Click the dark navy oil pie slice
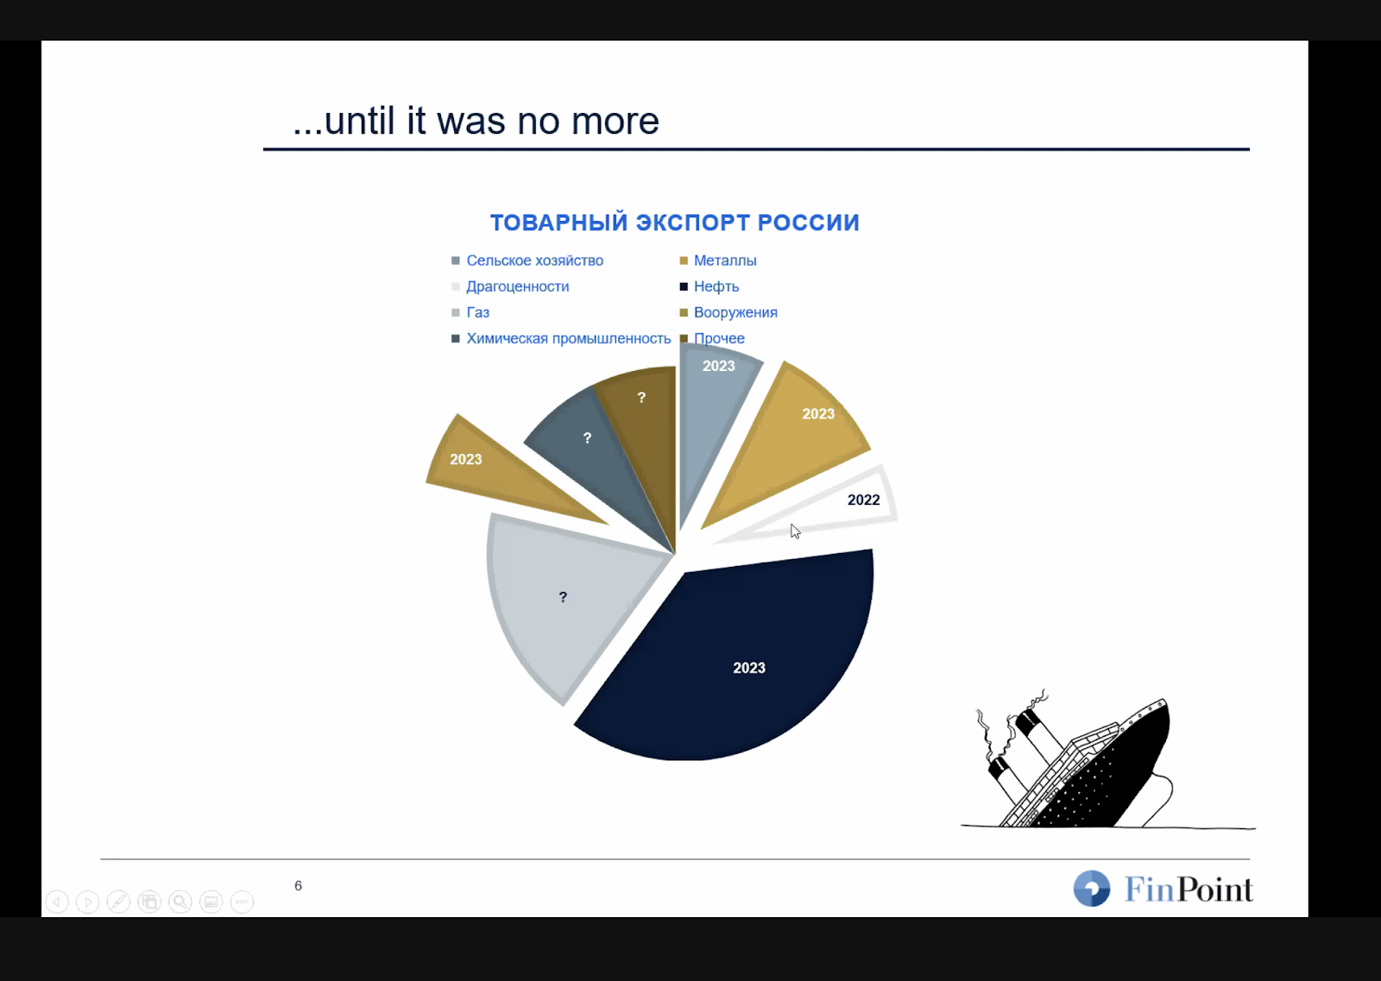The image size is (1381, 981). click(740, 659)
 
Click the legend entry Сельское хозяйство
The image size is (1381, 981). click(534, 261)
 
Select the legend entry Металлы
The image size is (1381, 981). click(725, 261)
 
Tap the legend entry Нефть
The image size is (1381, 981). click(716, 286)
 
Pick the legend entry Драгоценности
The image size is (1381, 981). click(517, 286)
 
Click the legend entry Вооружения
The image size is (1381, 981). click(735, 312)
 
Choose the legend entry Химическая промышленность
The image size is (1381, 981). click(569, 338)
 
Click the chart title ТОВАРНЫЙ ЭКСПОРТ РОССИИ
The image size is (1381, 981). click(674, 223)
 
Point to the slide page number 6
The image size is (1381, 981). click(299, 885)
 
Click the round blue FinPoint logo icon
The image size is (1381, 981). click(1091, 888)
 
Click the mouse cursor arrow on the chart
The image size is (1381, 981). click(795, 531)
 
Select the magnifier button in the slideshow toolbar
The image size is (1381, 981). click(180, 902)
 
